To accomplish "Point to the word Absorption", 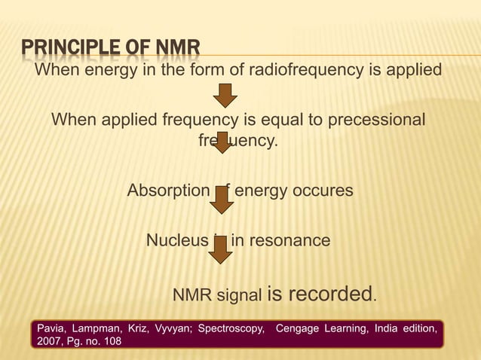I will coord(167,191).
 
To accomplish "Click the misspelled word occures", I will coord(322,191).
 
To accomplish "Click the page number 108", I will coord(112,343).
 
